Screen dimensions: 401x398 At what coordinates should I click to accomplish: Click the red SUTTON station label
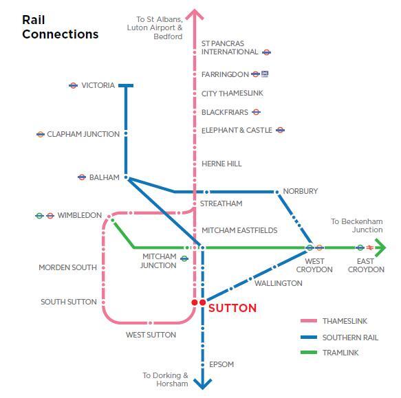click(x=232, y=308)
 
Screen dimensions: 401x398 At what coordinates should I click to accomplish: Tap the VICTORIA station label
click(x=98, y=85)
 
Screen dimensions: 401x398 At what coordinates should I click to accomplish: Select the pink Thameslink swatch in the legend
click(x=309, y=321)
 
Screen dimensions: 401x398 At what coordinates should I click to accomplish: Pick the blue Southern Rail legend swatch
click(x=309, y=337)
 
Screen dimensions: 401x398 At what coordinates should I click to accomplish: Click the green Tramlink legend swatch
click(x=309, y=353)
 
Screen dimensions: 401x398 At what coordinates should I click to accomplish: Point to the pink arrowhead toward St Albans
click(x=195, y=14)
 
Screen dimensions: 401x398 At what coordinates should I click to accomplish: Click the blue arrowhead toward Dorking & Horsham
click(x=202, y=384)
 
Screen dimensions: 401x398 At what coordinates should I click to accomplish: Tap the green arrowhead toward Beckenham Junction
click(x=380, y=247)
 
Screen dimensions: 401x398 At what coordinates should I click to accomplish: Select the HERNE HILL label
click(x=221, y=164)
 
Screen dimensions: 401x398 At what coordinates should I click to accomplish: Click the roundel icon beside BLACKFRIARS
click(x=256, y=112)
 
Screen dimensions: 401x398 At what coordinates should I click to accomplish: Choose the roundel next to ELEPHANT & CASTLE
click(x=281, y=130)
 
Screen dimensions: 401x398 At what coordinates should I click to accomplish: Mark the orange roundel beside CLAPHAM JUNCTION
click(x=41, y=134)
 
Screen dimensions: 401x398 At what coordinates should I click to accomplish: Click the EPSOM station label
click(x=221, y=364)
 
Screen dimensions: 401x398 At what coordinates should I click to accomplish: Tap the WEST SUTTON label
click(x=151, y=335)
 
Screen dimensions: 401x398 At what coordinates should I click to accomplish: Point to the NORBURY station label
click(x=301, y=191)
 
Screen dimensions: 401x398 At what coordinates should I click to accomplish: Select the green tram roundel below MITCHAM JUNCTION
click(x=184, y=258)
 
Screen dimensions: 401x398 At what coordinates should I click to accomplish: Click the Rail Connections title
click(x=60, y=27)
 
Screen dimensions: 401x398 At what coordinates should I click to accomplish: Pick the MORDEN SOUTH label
click(x=68, y=267)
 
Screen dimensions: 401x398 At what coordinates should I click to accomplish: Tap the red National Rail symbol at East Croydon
click(x=370, y=247)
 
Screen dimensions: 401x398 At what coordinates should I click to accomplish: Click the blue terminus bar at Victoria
click(x=126, y=86)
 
